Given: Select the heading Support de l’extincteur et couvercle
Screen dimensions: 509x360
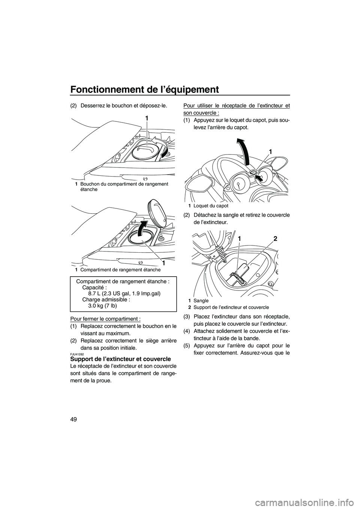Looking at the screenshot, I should [120, 359].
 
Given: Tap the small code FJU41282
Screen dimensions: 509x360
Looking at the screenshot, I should [77, 353].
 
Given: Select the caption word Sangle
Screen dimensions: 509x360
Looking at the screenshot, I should [201, 301].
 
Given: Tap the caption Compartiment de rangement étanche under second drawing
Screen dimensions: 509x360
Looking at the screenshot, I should [120, 269].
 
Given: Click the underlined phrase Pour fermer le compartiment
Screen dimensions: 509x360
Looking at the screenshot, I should [105, 319].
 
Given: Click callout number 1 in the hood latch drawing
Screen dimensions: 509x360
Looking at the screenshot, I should [270, 151].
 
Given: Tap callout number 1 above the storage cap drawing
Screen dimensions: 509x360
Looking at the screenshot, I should [147, 118].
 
